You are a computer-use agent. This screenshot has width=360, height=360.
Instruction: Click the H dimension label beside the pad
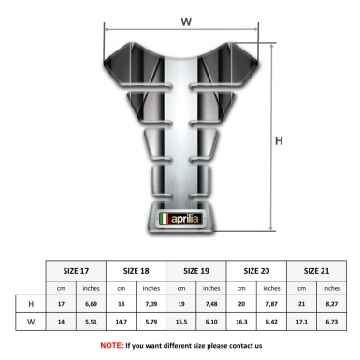pos(278,141)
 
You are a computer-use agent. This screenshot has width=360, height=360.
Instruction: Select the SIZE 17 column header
pos(77,271)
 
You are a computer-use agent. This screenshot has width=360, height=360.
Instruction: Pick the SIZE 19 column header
pos(195,271)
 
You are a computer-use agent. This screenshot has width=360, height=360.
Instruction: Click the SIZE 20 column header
pos(255,271)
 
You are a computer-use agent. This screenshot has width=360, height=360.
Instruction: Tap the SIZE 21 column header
pos(316,271)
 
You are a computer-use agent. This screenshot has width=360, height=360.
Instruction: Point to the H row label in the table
pos(32,305)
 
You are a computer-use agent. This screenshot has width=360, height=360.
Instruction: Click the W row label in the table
pos(32,322)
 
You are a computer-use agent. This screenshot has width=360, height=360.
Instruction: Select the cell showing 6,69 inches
pos(92,305)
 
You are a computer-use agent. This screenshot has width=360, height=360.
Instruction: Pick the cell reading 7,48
pos(211,305)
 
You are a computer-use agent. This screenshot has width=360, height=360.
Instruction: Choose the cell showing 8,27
pos(331,305)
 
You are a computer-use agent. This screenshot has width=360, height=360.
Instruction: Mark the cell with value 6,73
pos(331,322)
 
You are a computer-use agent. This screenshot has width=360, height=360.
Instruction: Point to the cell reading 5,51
pos(92,322)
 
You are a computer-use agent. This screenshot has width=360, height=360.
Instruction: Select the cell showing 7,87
pos(271,305)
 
